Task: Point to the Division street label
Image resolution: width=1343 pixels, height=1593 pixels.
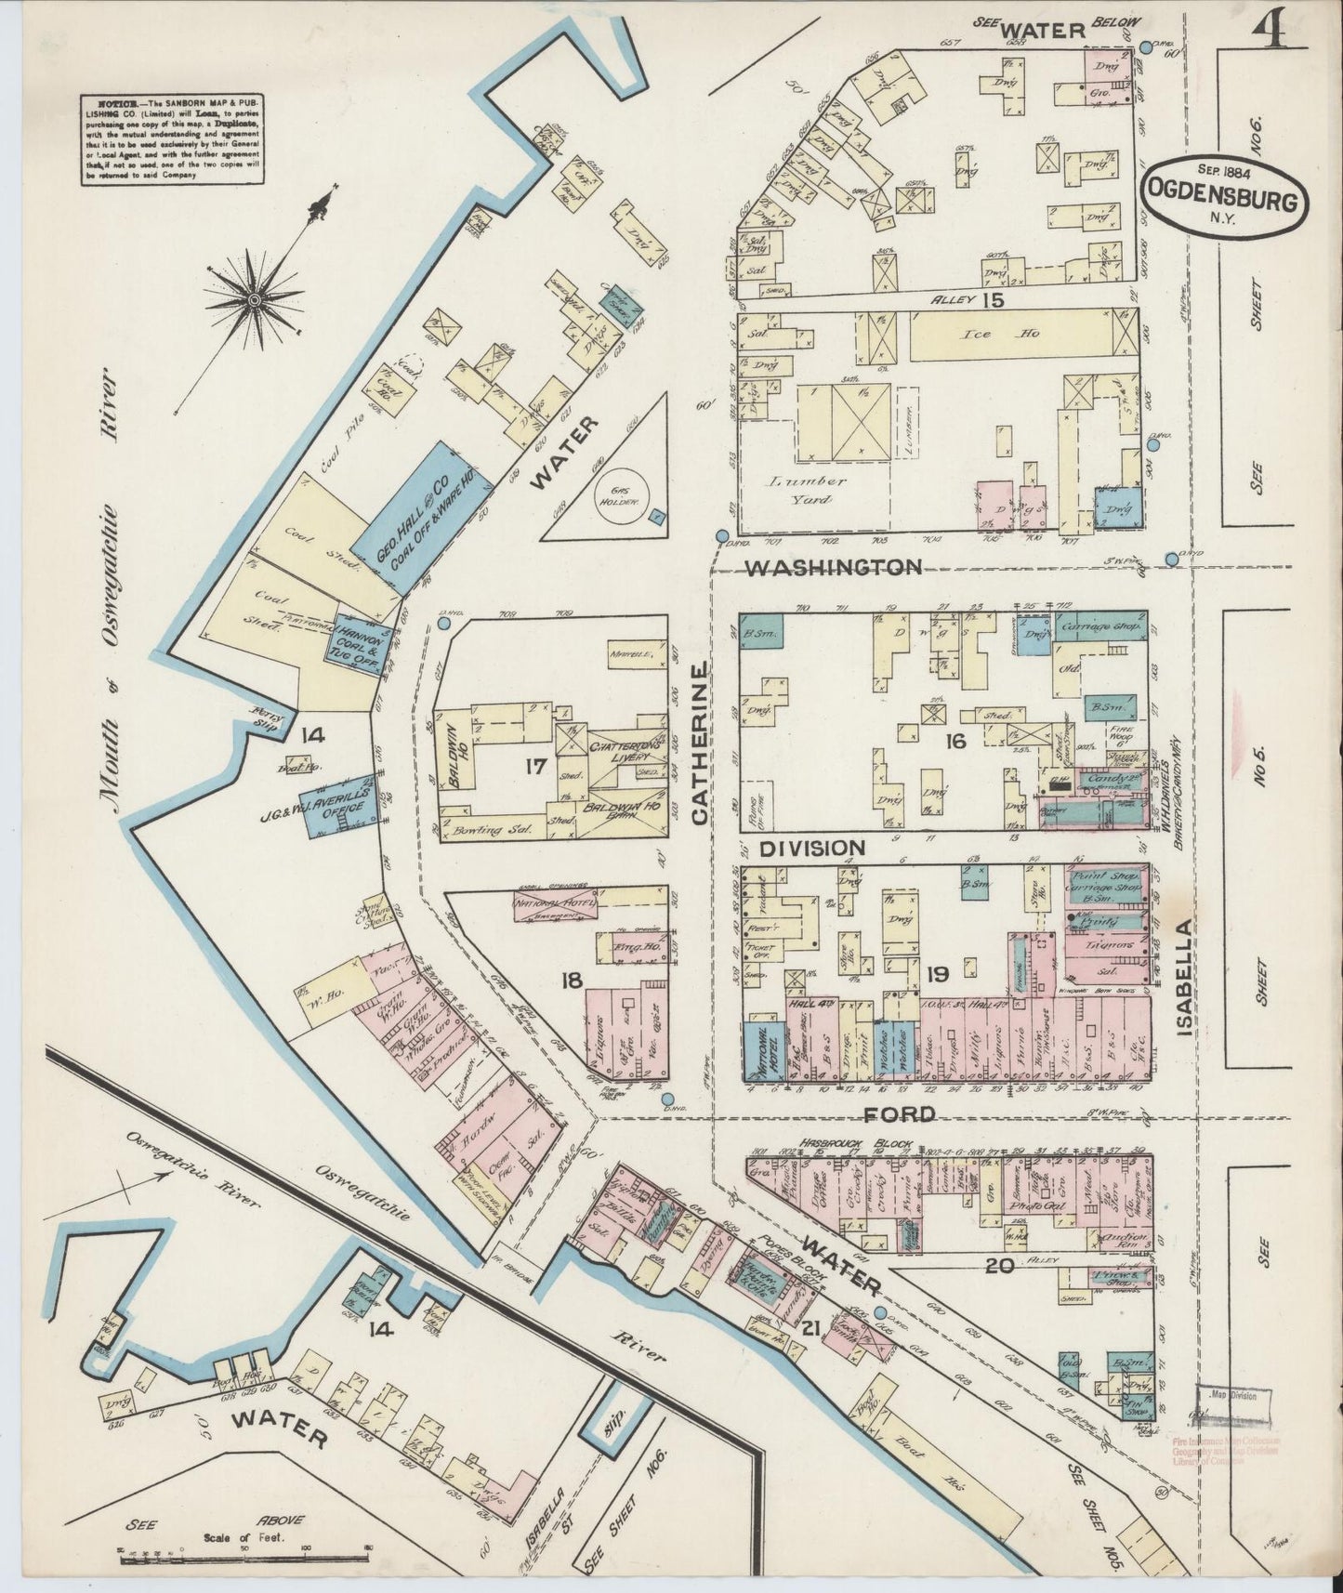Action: click(813, 848)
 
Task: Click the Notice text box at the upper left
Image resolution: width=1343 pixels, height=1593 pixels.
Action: click(170, 140)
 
